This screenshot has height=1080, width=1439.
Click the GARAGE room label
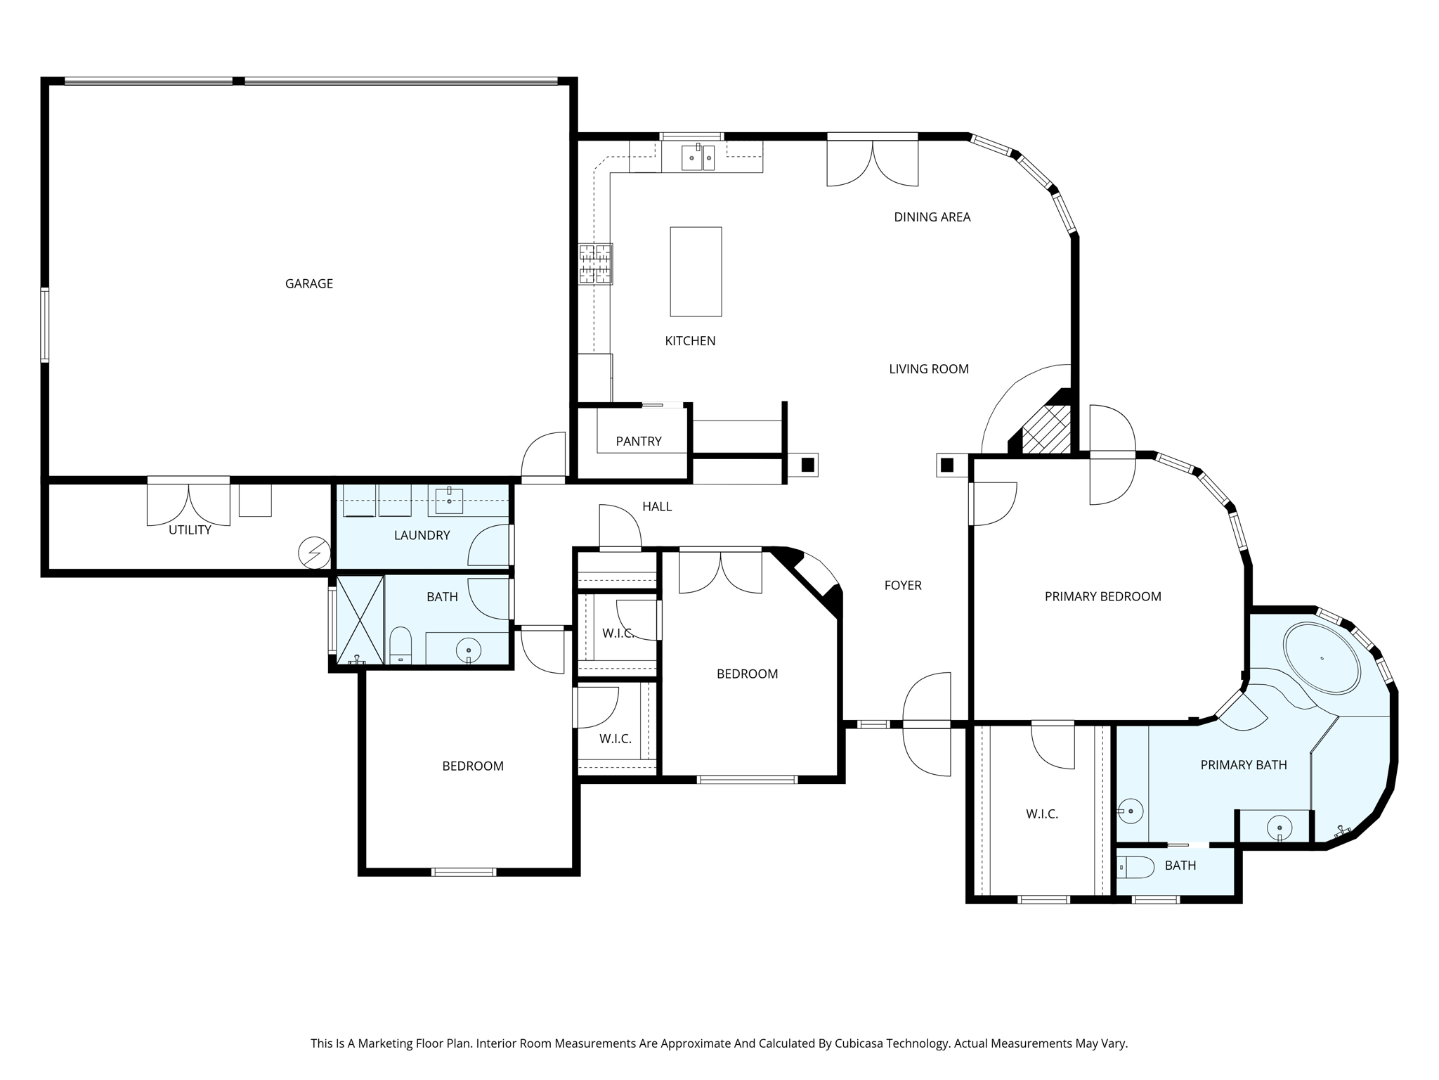[x=309, y=283]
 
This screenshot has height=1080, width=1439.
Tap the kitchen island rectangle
[x=696, y=271]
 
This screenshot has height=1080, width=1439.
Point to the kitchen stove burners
[x=596, y=264]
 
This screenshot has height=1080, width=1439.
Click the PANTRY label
[x=639, y=441]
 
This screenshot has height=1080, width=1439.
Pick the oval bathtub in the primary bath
[x=1322, y=658]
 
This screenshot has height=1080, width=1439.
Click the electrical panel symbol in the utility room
[x=314, y=553]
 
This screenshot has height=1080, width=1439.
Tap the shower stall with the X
[x=360, y=620]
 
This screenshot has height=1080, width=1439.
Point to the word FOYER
[x=903, y=585]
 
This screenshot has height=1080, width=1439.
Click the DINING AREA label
[x=932, y=217]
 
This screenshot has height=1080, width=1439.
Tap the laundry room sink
[x=449, y=501]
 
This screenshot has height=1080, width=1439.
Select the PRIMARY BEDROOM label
[x=1102, y=596]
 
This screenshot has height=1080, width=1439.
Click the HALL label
[x=657, y=506]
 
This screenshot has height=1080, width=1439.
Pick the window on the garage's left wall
[x=45, y=324]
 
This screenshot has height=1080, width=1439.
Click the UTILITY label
[x=190, y=530]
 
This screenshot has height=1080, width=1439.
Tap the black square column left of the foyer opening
[x=808, y=464]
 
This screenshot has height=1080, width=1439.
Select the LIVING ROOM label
[x=929, y=368]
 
